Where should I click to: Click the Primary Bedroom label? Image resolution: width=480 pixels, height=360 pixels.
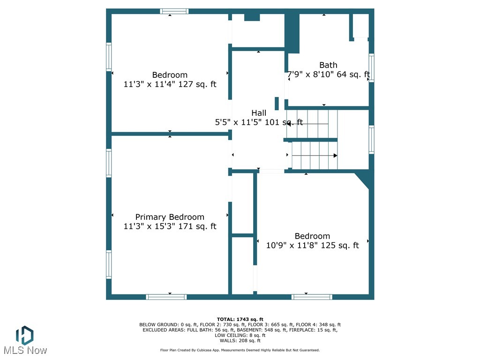pos(170,217)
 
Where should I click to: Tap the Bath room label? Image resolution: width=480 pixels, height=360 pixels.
pos(328,65)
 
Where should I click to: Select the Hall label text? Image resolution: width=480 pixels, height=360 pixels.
pos(259,113)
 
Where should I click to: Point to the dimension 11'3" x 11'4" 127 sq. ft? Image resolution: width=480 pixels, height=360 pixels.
pos(170,84)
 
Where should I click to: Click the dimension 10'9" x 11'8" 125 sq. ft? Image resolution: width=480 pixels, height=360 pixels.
pos(312,245)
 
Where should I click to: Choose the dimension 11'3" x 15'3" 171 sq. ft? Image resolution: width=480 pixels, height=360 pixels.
pos(170,226)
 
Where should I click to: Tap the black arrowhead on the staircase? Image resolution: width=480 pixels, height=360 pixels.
pos(335,156)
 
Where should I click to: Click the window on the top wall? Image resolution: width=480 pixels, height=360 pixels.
pos(174,11)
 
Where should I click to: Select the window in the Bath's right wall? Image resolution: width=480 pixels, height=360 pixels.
pos(371,68)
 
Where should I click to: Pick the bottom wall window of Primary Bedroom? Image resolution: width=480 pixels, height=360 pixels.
pos(166,297)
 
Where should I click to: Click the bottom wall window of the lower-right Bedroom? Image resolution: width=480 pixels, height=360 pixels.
pos(312,297)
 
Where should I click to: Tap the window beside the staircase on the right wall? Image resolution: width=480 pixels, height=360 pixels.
pos(371,140)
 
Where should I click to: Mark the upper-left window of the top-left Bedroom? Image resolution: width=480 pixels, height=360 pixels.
pos(109,57)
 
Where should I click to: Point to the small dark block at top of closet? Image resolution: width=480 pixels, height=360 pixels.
pos(252,17)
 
